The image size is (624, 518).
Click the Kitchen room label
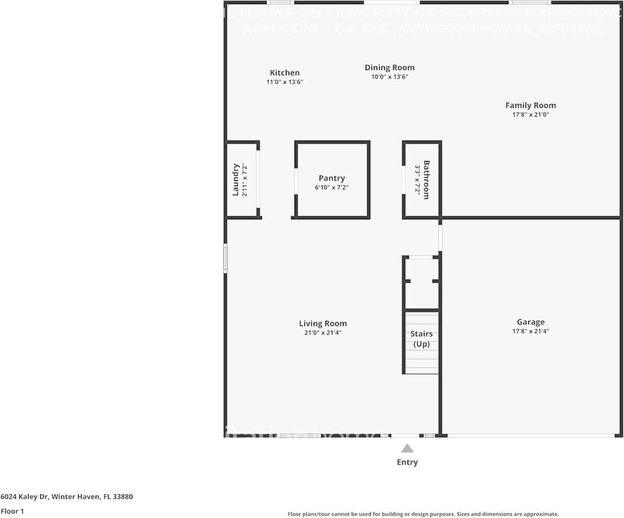(x=285, y=73)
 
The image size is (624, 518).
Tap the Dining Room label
(x=390, y=68)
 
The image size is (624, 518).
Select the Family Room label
(x=530, y=106)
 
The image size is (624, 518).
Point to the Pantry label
(x=332, y=178)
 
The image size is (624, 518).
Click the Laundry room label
(x=236, y=180)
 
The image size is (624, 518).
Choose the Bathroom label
(x=426, y=180)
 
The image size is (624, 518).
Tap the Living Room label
(x=322, y=324)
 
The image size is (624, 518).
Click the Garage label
(x=530, y=322)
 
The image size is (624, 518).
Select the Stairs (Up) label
(x=422, y=339)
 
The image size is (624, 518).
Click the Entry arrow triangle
(x=407, y=449)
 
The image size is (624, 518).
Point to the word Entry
(x=407, y=462)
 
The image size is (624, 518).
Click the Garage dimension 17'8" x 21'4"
(x=530, y=331)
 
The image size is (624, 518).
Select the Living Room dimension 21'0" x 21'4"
(x=322, y=333)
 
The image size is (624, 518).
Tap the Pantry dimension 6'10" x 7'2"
(x=332, y=188)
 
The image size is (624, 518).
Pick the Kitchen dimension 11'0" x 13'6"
(x=285, y=82)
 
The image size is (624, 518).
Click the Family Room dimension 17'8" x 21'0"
(x=530, y=115)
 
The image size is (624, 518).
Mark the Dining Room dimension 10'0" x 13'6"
(x=390, y=77)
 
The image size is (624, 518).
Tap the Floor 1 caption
(x=12, y=511)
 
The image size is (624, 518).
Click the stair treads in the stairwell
(x=422, y=362)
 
